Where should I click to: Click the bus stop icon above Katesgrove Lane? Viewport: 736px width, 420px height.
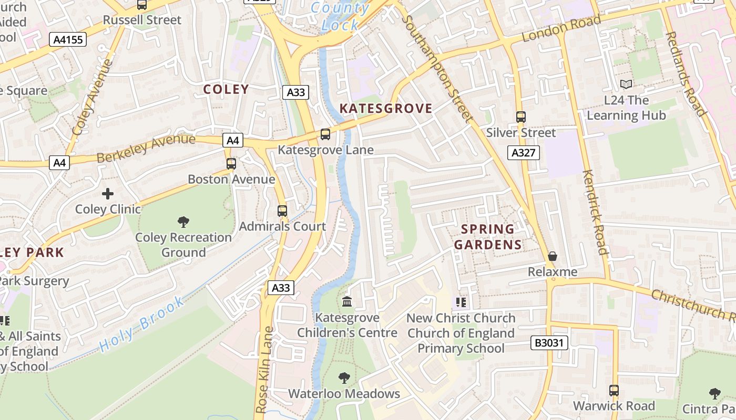[x=325, y=134]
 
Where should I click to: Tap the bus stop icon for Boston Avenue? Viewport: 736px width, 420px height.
[x=231, y=163]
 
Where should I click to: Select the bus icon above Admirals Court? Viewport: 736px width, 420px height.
[x=282, y=211]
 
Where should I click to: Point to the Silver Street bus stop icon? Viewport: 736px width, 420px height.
[x=520, y=117]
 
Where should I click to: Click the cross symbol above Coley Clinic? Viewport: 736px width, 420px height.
[x=108, y=194]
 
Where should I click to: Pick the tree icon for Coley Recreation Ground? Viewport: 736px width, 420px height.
[x=183, y=222]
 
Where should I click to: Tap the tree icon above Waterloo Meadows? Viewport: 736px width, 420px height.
[x=344, y=377]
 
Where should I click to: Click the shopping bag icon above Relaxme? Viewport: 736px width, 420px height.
[x=553, y=256]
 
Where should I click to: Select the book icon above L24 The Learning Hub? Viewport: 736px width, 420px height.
[x=626, y=84]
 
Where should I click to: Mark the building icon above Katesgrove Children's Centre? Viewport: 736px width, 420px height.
[x=347, y=302]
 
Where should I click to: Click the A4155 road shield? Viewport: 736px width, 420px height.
[x=69, y=39]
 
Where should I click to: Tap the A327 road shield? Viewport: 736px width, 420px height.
[x=524, y=153]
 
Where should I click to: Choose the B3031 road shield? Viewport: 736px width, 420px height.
[x=549, y=343]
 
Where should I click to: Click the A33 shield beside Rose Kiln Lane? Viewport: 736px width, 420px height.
[x=281, y=288]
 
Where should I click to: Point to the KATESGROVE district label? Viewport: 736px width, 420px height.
[x=386, y=109]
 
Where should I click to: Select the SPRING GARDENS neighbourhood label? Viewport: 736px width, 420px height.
[x=488, y=237]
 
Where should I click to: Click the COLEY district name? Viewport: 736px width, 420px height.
[x=226, y=89]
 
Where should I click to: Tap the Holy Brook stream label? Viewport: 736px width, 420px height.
[x=142, y=324]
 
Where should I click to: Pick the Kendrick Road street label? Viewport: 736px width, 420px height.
[x=595, y=212]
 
